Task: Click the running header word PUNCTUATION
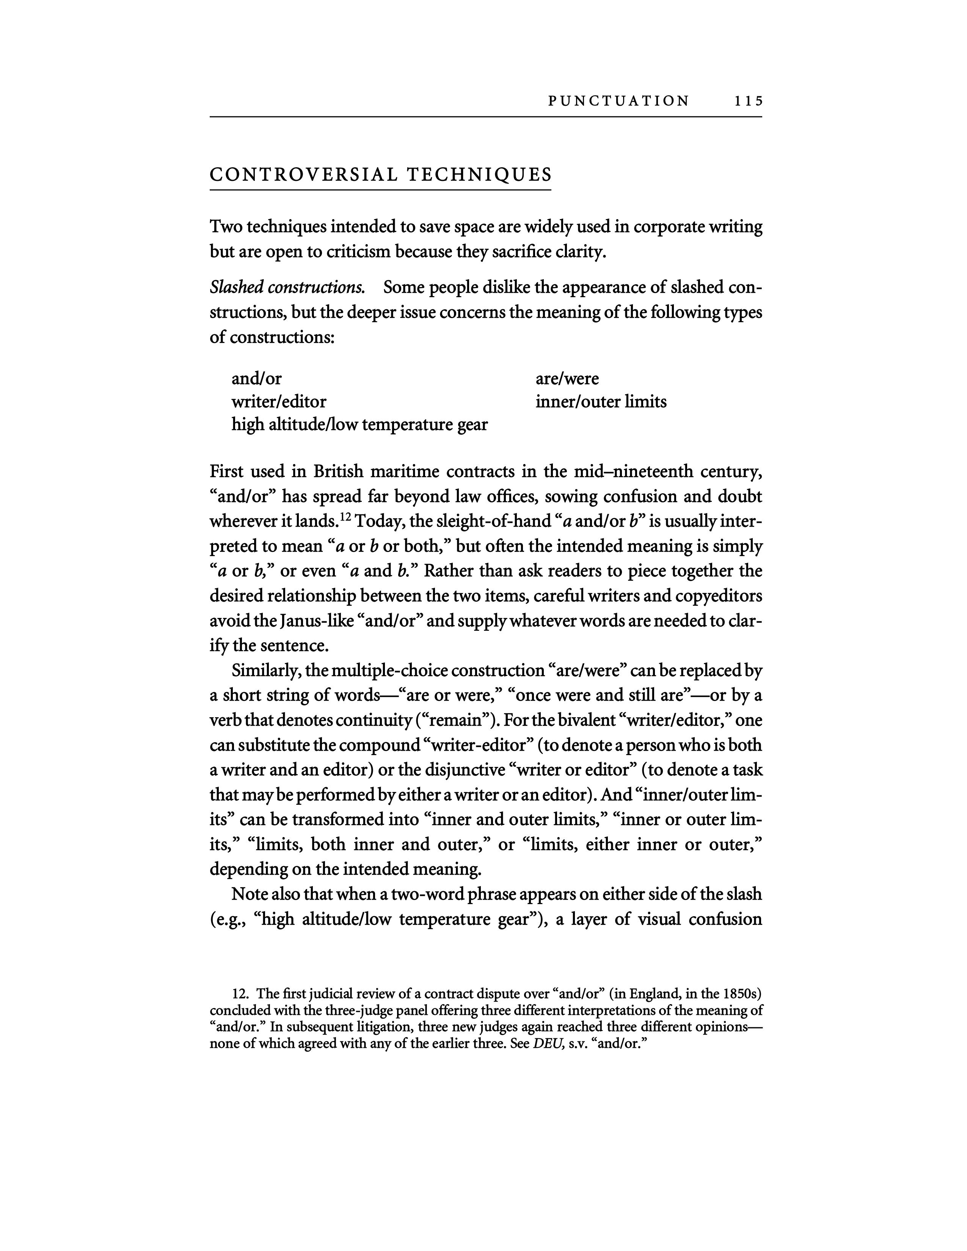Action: click(619, 101)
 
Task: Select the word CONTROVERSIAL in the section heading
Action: click(303, 175)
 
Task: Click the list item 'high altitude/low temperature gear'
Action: click(359, 425)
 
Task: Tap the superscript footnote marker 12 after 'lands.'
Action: click(345, 517)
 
